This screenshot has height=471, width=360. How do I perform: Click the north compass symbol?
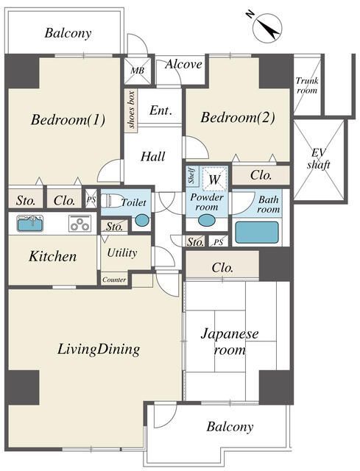(267, 28)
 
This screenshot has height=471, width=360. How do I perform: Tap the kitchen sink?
(29, 224)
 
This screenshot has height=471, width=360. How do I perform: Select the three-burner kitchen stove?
(80, 224)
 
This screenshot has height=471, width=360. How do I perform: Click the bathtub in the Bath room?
(257, 233)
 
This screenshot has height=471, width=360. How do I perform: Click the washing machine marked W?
(214, 179)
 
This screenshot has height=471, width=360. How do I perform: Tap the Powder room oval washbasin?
(206, 220)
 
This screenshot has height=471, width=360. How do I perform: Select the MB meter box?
(138, 71)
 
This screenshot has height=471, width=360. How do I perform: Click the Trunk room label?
(307, 85)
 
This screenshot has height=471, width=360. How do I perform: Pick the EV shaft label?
(319, 159)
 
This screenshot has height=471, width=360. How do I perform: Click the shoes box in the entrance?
(131, 110)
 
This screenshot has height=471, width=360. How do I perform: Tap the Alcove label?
(183, 64)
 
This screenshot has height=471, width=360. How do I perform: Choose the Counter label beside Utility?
(114, 280)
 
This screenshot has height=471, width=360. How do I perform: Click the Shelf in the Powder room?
(191, 176)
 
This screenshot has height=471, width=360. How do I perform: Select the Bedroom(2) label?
(237, 117)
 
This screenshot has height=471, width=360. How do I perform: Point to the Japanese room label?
(230, 341)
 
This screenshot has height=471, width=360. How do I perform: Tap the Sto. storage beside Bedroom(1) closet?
(26, 199)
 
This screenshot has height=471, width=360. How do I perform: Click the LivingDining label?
(99, 349)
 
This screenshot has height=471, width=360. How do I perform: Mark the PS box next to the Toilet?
(91, 199)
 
